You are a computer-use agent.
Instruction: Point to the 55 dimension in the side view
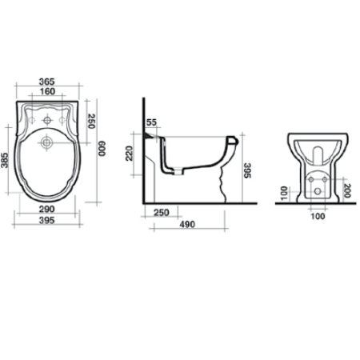point(152,122)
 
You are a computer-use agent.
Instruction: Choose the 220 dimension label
point(129,152)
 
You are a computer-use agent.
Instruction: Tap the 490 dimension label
point(186,225)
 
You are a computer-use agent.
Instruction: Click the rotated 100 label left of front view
point(282,192)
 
